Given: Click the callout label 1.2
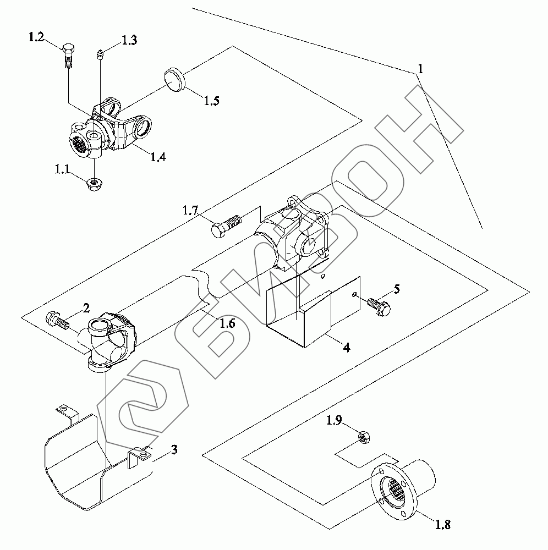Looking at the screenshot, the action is (x=36, y=37).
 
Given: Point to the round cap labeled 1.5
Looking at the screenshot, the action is (x=174, y=81).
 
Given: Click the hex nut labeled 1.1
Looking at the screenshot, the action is (x=93, y=184).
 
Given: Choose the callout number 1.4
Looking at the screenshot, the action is (x=158, y=157).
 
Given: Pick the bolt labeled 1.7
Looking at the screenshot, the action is (x=226, y=226).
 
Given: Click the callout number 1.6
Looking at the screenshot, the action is (x=227, y=323).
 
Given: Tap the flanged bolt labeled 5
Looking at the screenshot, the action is (x=379, y=306).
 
